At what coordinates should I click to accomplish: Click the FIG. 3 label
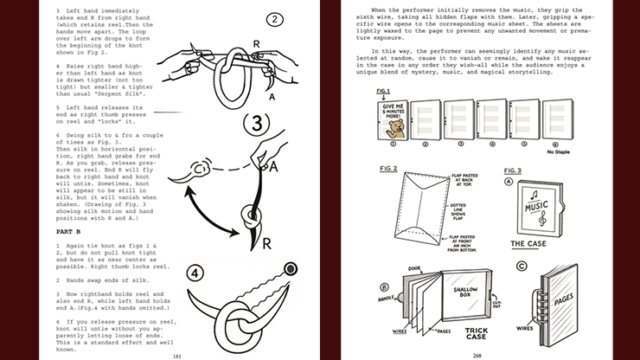click(x=511, y=170)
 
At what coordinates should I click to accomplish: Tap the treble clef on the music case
click(x=542, y=220)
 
